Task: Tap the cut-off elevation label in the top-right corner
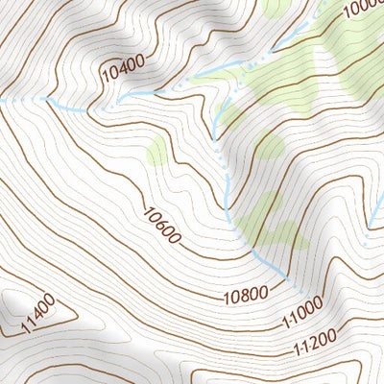[363, 9]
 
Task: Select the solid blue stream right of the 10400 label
[158, 91]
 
